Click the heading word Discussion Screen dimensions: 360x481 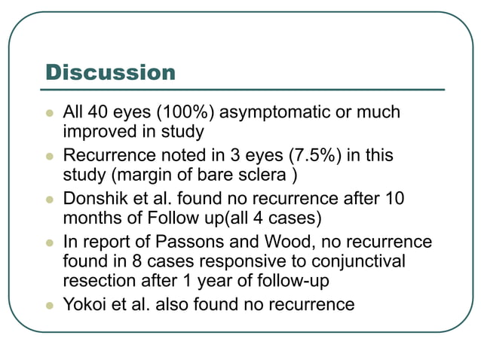tap(110, 73)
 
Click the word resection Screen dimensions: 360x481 tap(97, 282)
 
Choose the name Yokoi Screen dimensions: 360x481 tap(82, 304)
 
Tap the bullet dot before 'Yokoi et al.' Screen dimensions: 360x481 tap(51, 305)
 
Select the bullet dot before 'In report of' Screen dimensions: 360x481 tap(51, 243)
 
